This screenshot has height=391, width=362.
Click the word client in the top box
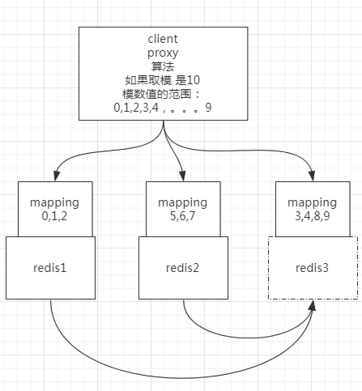click(164, 38)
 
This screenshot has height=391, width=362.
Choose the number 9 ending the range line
click(208, 107)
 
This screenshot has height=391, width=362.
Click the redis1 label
click(50, 268)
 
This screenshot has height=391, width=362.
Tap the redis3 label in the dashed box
click(312, 268)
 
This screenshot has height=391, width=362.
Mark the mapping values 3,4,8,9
click(312, 216)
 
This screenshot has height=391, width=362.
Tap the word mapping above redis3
click(312, 202)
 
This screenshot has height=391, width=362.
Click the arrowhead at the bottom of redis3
click(313, 306)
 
